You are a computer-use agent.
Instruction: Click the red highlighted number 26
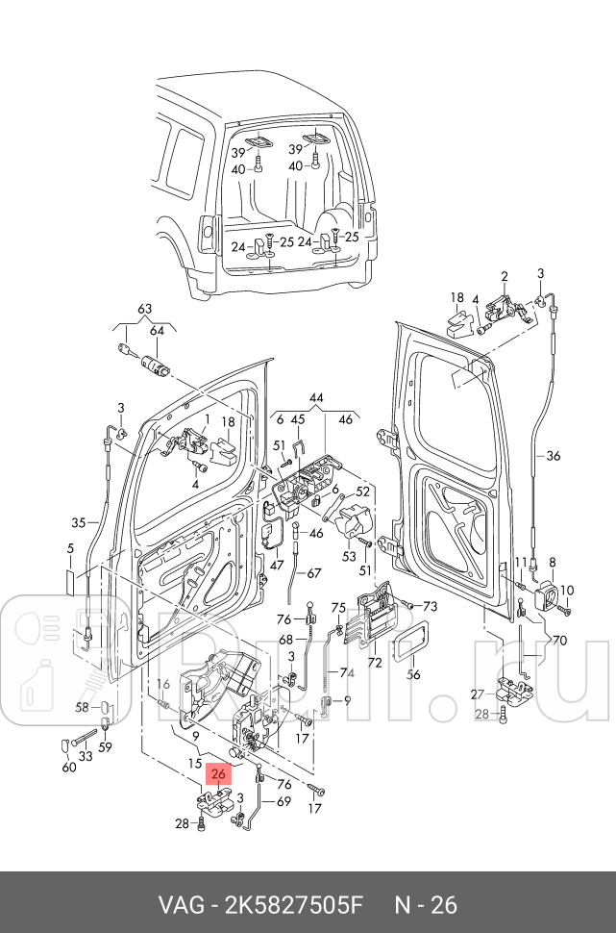click(219, 774)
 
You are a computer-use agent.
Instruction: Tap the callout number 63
click(144, 309)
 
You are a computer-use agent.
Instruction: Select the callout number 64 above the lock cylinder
click(157, 331)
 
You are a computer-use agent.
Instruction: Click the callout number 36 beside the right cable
click(554, 456)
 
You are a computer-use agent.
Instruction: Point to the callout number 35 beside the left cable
click(79, 523)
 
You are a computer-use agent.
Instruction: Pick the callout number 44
click(316, 398)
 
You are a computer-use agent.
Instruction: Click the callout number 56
click(413, 674)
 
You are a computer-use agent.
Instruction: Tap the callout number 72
click(375, 662)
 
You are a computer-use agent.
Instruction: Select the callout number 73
click(430, 606)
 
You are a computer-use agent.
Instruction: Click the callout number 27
click(478, 694)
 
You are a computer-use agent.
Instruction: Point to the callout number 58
click(82, 707)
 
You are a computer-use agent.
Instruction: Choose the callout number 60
click(69, 767)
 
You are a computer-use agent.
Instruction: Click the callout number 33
click(86, 756)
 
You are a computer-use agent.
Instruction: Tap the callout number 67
click(313, 573)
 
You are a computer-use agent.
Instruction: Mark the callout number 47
click(277, 565)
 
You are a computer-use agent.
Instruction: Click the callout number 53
click(349, 556)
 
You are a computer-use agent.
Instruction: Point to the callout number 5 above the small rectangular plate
click(70, 548)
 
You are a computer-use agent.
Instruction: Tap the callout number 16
click(163, 684)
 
